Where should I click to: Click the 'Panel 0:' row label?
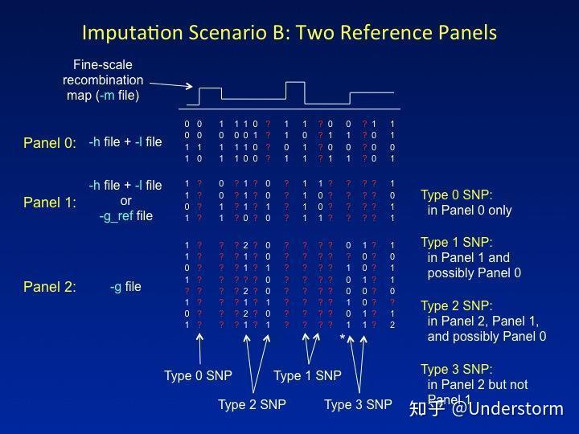coord(50,143)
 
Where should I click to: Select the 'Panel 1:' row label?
coord(50,203)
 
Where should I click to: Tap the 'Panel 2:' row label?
coord(50,287)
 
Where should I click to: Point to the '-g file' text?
coord(125,287)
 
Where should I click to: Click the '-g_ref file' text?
coord(125,215)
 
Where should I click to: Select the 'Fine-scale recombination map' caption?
coord(103,80)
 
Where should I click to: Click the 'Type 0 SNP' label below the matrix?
coord(197,376)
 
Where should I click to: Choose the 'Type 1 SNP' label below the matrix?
coord(307,376)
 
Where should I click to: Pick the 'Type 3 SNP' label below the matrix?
coord(358,405)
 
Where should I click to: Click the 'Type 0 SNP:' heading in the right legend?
coord(457,195)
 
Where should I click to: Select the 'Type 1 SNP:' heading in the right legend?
coord(457,242)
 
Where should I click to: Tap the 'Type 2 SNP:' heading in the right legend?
coord(457,305)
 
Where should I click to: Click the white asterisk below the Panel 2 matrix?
coord(343,339)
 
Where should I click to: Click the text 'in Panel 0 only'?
coord(470,211)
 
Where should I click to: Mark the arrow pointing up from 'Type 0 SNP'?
coord(199,350)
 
